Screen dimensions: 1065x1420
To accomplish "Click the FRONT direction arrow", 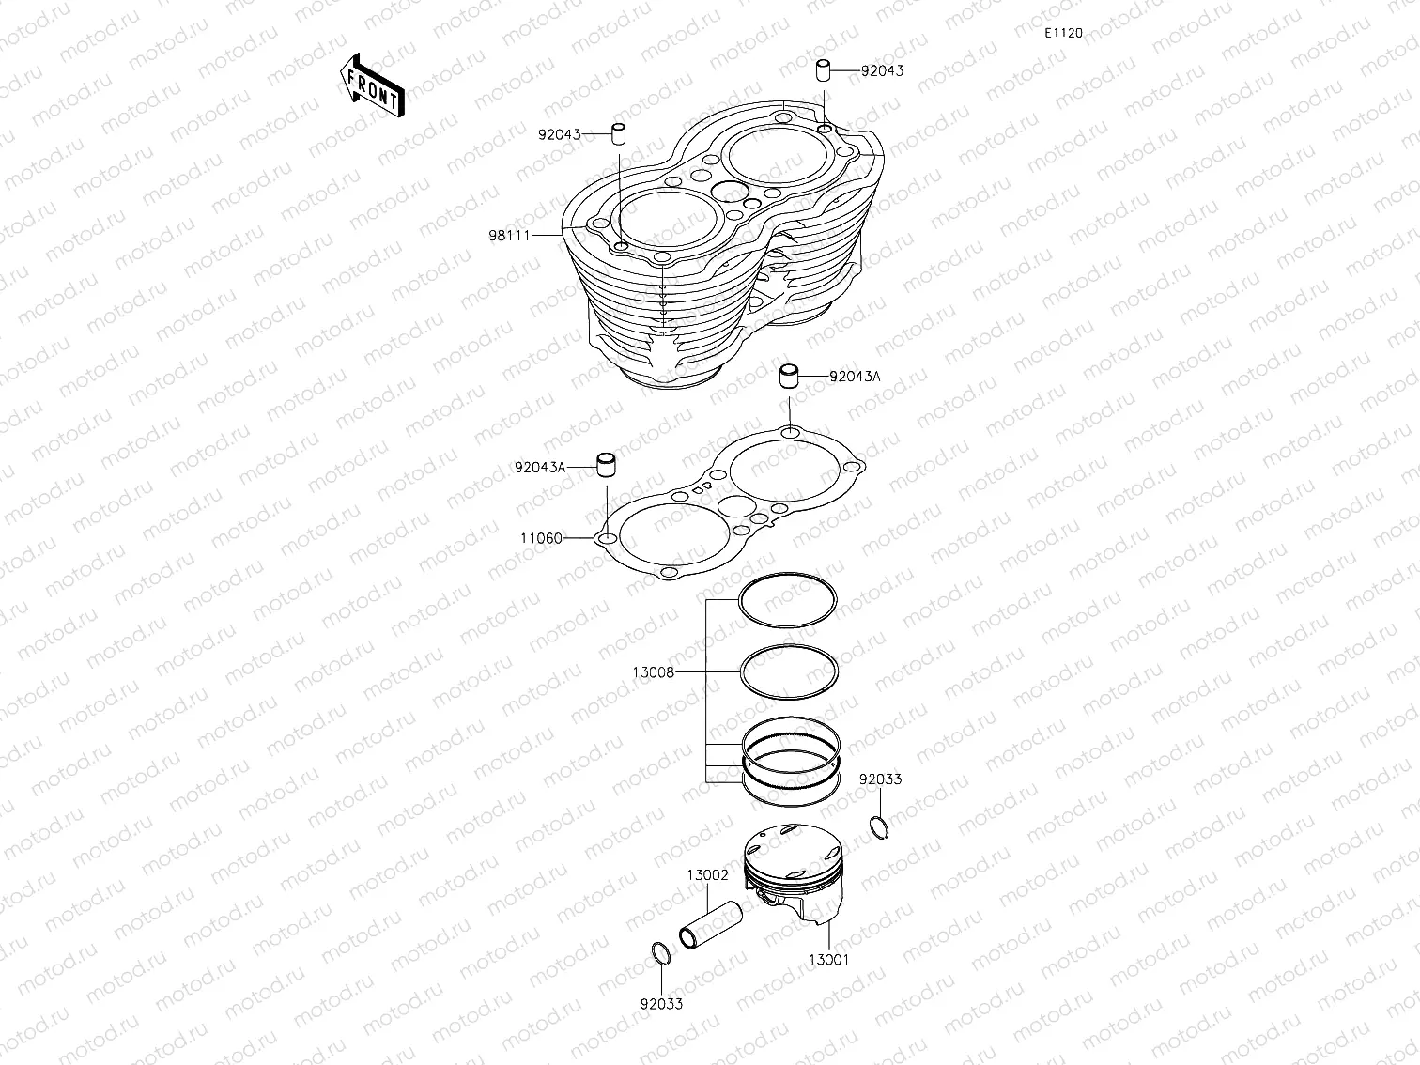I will coord(371,84).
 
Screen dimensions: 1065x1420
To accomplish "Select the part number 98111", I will coord(506,235).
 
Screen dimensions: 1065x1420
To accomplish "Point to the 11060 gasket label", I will coord(541,538).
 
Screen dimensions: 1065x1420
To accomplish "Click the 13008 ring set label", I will coord(653,672).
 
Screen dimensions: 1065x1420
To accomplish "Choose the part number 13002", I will coord(707,874).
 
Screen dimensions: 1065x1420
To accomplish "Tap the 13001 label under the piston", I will coord(829,960).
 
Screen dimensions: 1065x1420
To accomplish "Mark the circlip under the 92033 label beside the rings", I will coord(878,826).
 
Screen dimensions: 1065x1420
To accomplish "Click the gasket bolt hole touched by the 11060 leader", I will coord(607,539).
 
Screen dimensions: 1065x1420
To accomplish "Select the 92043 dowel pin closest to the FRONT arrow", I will coord(619,133).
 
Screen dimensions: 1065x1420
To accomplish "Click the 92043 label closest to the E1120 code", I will coord(882,70).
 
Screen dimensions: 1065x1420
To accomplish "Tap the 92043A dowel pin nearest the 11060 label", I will coord(608,465).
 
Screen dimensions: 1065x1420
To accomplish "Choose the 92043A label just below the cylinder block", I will coord(855,377).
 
